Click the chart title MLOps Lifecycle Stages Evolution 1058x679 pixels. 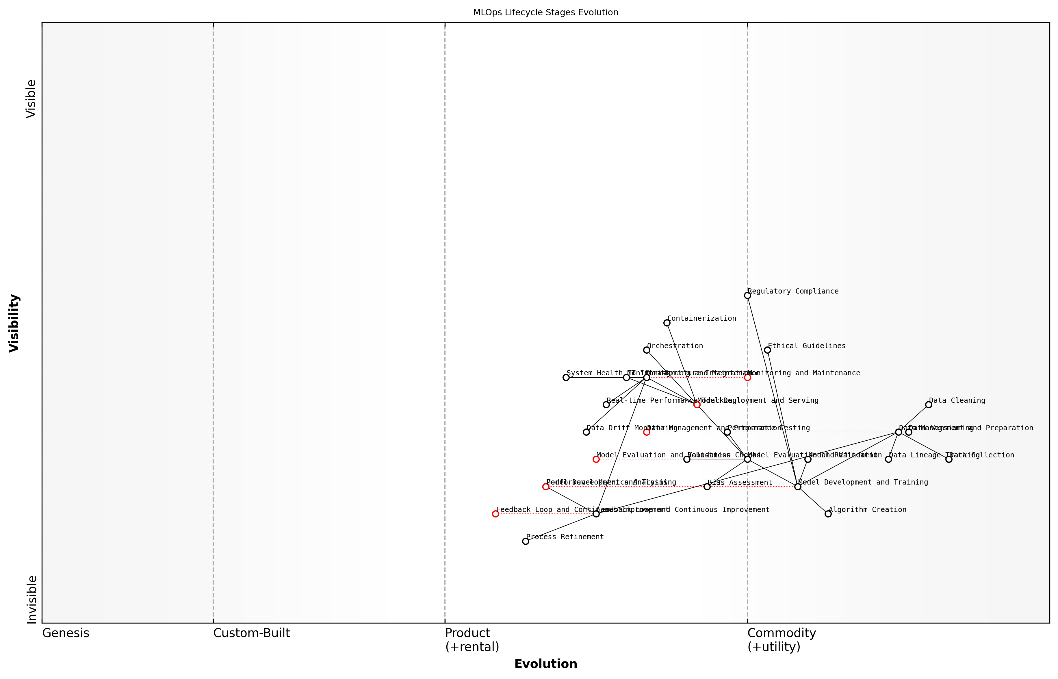[545, 12]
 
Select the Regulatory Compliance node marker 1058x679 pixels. [747, 295]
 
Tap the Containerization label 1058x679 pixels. [701, 318]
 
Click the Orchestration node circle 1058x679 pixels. [647, 350]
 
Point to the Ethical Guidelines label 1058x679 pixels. [806, 346]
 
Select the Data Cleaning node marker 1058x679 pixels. [928, 405]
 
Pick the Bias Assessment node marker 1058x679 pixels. [707, 487]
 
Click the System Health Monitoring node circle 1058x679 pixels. [566, 377]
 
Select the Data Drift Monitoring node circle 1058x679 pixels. [586, 432]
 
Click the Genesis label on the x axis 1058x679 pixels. [66, 633]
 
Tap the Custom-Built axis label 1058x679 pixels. [251, 633]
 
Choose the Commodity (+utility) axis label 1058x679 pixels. [781, 640]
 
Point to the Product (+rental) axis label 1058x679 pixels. [472, 640]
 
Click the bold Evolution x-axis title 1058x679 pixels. [545, 664]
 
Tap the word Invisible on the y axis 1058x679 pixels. [32, 599]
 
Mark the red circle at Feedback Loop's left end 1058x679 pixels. [495, 514]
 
